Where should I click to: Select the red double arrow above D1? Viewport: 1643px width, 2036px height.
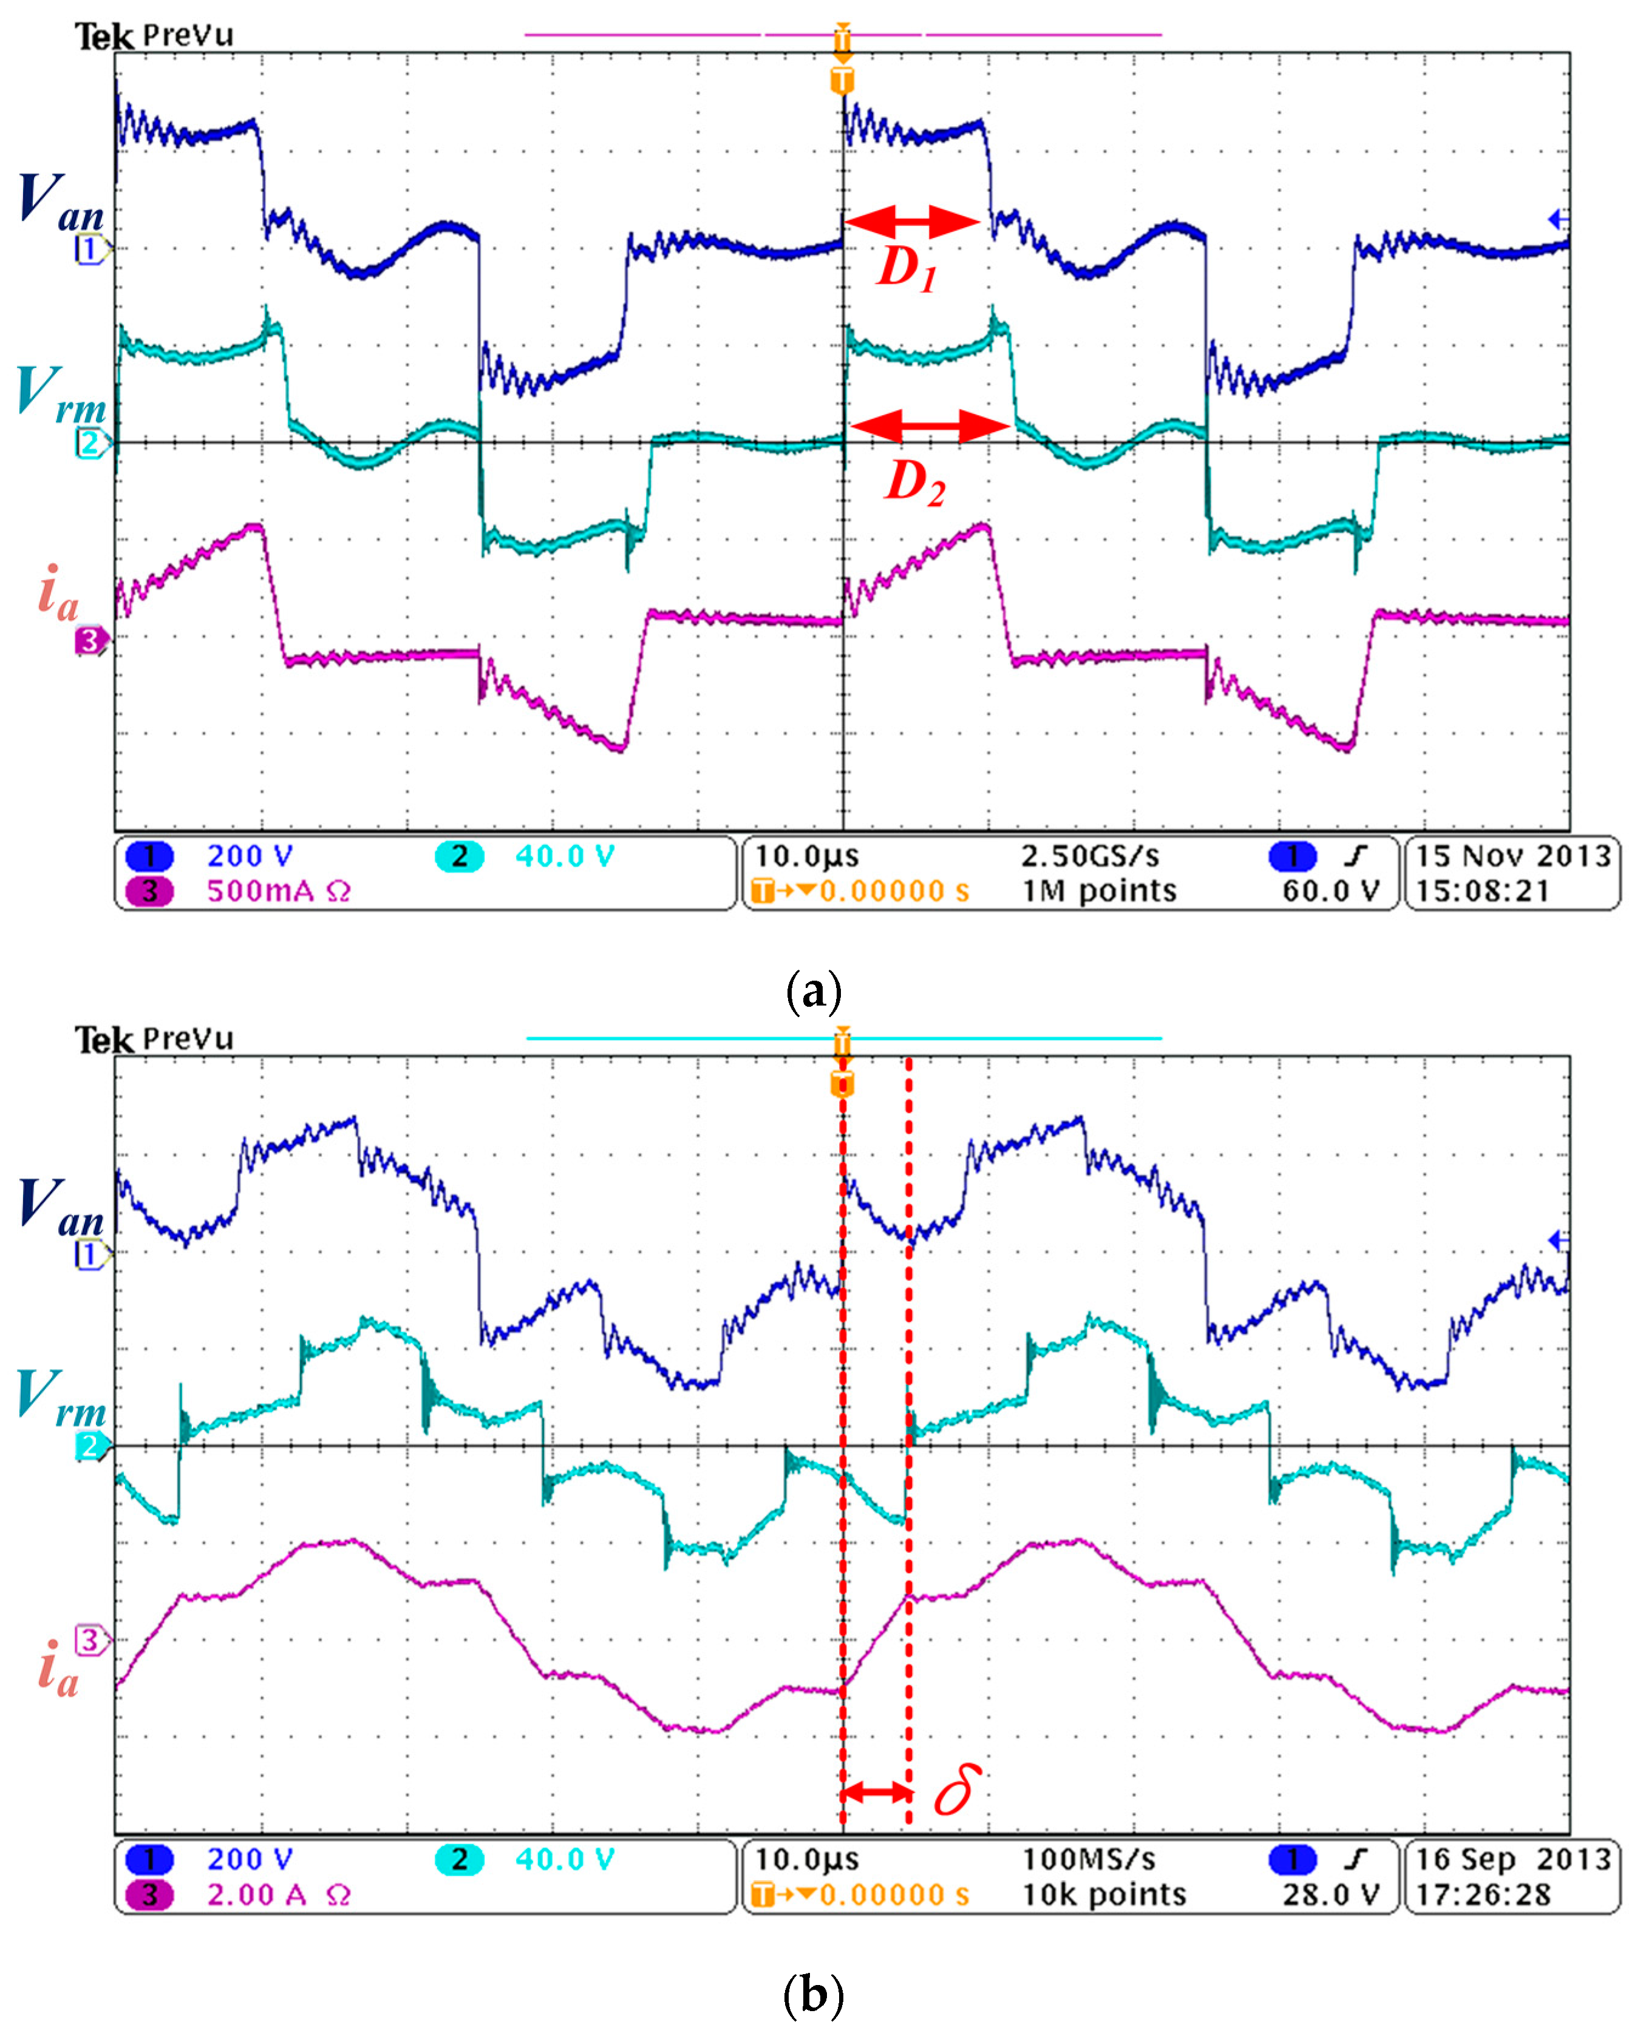tap(911, 222)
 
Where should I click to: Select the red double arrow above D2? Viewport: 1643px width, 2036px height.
tap(928, 427)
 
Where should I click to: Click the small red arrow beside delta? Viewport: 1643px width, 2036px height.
tap(876, 1791)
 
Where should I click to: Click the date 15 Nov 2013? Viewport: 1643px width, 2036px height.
tap(1512, 856)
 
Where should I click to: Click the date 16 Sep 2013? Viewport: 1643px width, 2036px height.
tap(1512, 1859)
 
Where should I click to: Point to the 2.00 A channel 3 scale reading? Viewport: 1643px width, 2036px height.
tap(277, 1895)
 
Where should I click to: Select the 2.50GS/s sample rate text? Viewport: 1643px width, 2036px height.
tap(1089, 856)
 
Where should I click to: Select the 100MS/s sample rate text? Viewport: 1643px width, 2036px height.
tap(1089, 1859)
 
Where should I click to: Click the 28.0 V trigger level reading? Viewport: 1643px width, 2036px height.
tap(1330, 1895)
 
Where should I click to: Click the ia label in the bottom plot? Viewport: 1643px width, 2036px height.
tap(57, 1668)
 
